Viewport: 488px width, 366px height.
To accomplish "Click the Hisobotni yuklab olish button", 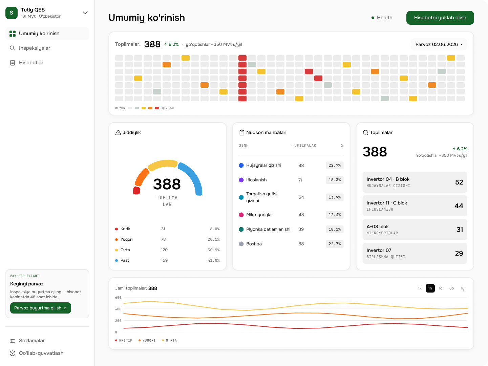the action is click(x=440, y=18).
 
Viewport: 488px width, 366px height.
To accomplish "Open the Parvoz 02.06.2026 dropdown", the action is click(x=439, y=44).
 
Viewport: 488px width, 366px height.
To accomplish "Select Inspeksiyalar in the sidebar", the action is click(x=35, y=48).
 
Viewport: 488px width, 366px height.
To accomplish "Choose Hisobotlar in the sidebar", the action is click(x=31, y=63).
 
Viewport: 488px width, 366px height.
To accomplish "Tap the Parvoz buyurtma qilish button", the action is click(x=40, y=308).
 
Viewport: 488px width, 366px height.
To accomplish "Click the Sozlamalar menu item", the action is click(x=32, y=341).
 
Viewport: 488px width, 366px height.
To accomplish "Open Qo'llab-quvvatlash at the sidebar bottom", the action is click(x=41, y=353).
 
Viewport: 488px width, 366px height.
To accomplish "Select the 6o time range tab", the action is click(x=451, y=288).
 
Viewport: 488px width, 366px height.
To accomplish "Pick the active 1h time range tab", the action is click(x=430, y=288).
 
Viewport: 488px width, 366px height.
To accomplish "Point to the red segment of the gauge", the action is click(x=136, y=191).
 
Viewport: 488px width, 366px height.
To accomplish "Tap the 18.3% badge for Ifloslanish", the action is click(x=335, y=180).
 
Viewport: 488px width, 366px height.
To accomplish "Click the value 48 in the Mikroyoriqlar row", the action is click(x=301, y=215).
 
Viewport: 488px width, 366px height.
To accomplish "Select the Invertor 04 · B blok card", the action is click(x=415, y=182).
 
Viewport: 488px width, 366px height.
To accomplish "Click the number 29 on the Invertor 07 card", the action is click(x=459, y=253).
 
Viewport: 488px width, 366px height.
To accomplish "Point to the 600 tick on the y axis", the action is click(x=118, y=297).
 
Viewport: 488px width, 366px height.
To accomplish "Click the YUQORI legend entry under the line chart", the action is click(x=147, y=340).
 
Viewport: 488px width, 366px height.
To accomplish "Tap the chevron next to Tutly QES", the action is click(x=85, y=13).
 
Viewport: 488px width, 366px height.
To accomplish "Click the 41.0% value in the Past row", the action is click(x=214, y=260).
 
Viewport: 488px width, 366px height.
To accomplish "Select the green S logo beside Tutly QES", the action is click(x=12, y=13).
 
